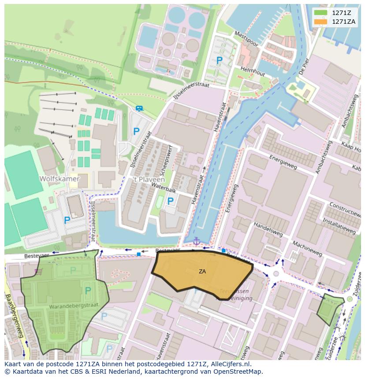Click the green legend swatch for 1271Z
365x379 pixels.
pos(320,13)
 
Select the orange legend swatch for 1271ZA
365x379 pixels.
pos(320,22)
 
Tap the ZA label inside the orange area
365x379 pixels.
pos(202,272)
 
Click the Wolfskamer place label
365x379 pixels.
pos(59,179)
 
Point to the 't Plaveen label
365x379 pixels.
pos(149,180)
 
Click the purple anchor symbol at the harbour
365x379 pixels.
pos(196,241)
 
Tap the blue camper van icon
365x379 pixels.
pos(139,108)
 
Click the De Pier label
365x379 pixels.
pos(303,66)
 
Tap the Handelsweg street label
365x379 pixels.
pos(268,231)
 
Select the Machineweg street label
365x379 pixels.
pos(306,249)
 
